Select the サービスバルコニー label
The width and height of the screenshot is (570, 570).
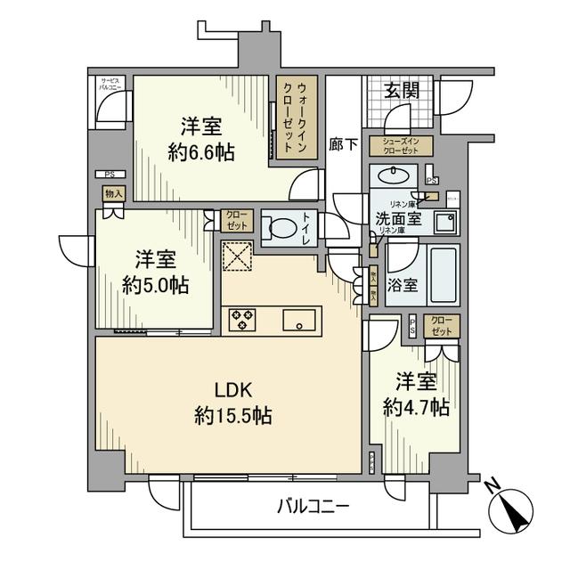pos(110,85)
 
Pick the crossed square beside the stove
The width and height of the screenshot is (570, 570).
pos(239,258)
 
